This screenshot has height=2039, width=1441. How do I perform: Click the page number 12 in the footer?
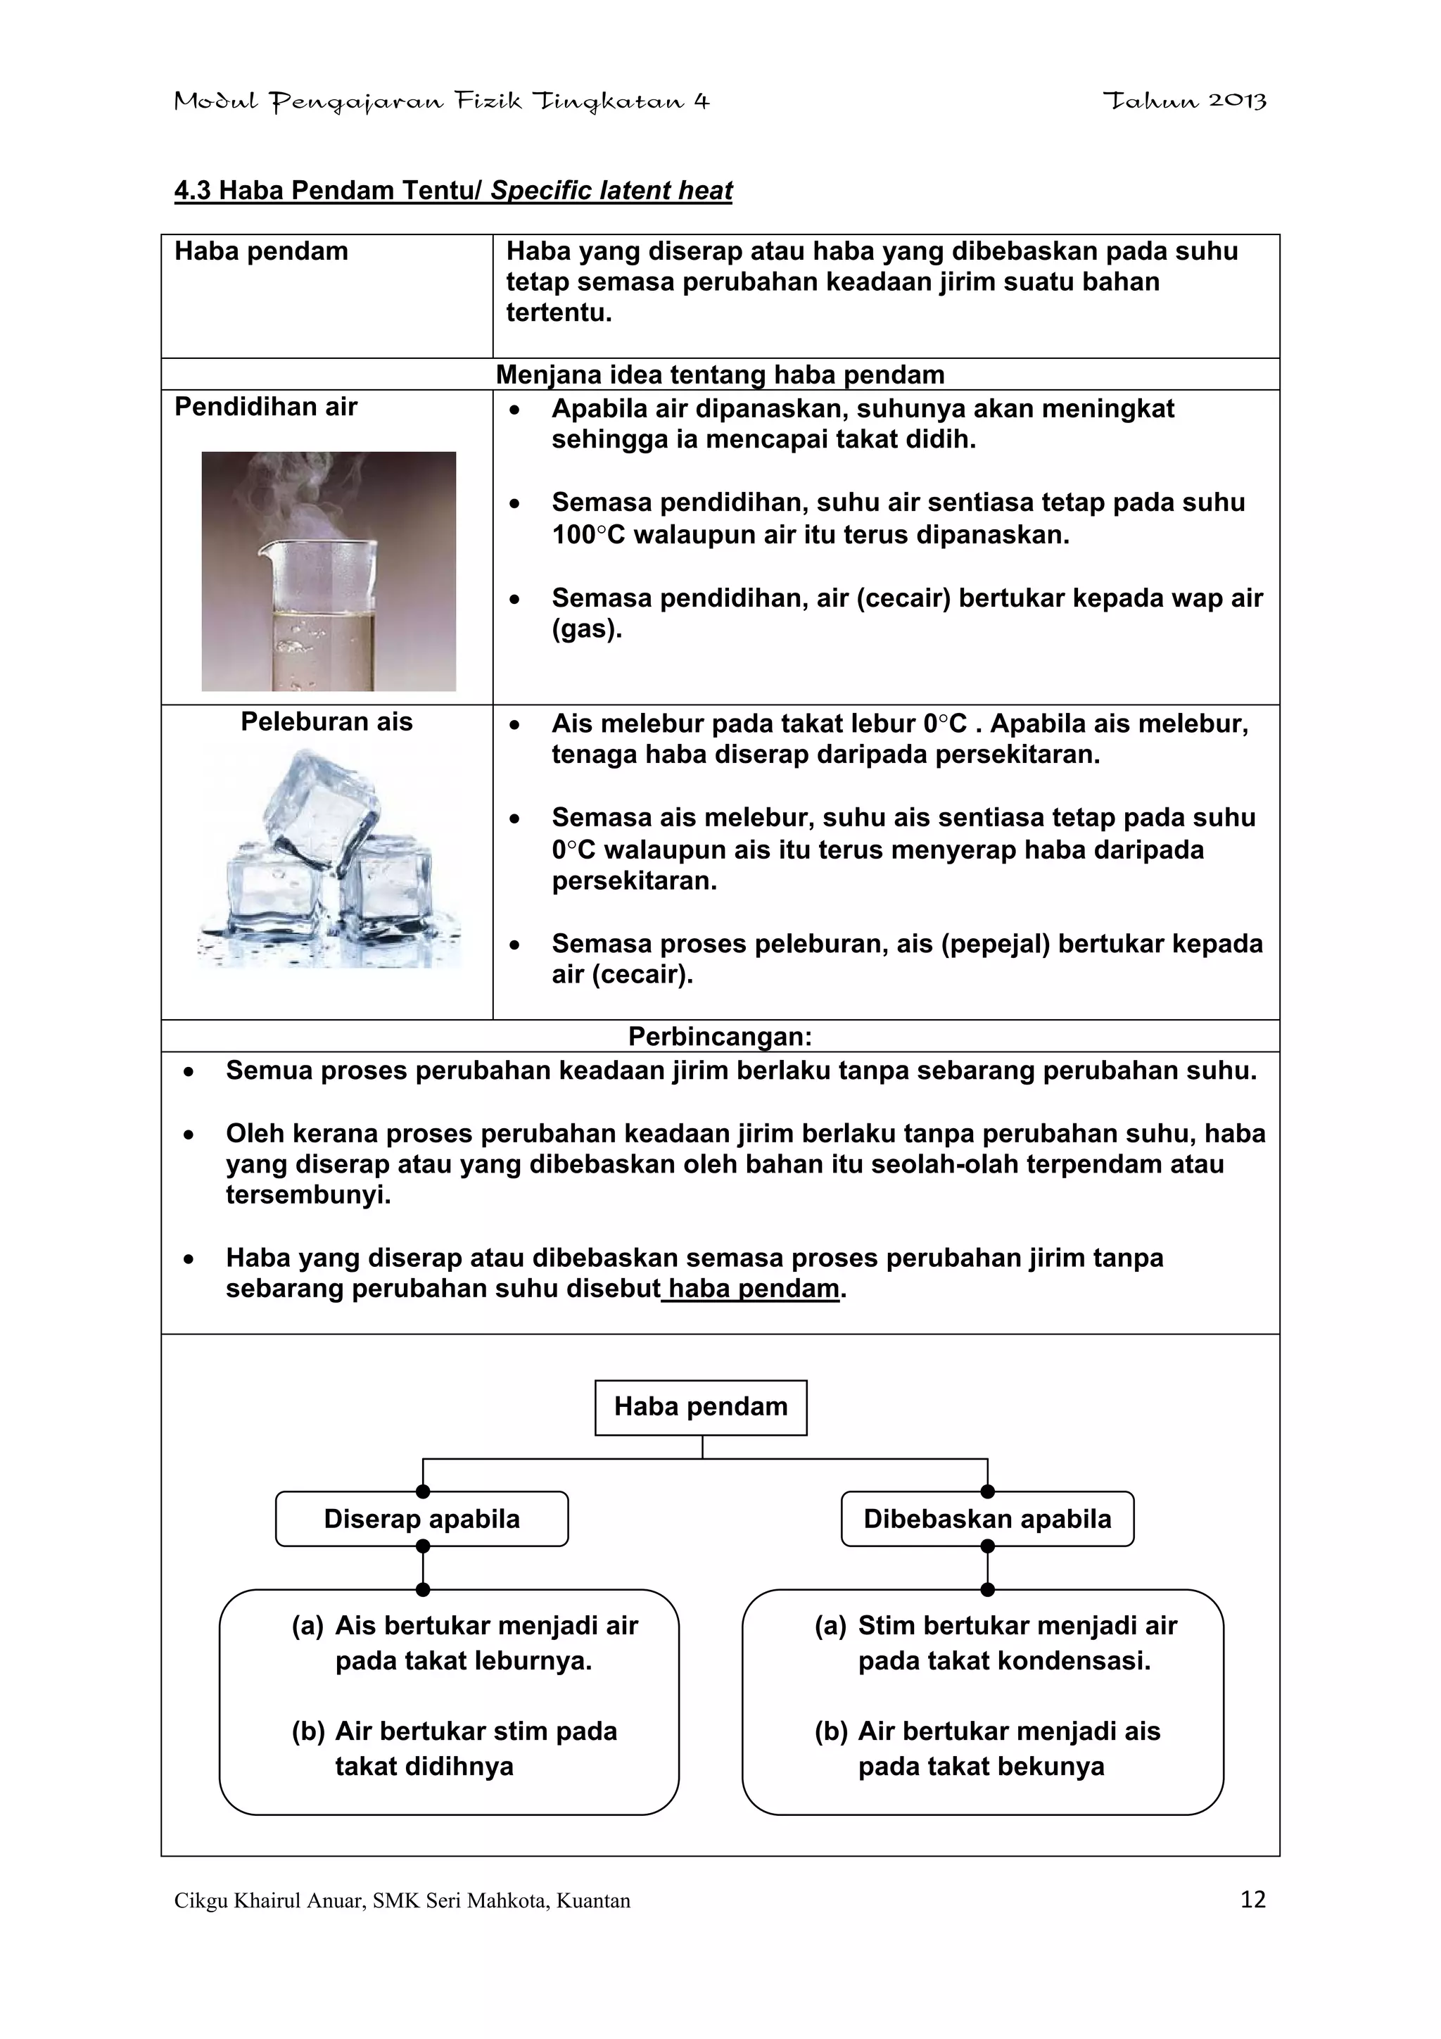coord(1252,1900)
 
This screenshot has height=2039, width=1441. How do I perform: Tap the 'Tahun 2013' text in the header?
coord(1184,101)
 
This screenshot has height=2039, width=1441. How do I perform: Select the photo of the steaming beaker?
coord(329,571)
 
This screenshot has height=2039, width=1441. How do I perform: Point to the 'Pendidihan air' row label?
coord(265,407)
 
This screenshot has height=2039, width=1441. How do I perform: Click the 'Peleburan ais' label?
coord(326,721)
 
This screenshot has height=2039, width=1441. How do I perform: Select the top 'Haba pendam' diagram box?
coord(701,1407)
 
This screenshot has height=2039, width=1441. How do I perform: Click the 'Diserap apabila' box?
coord(421,1519)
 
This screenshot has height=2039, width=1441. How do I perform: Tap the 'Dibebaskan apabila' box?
coord(987,1519)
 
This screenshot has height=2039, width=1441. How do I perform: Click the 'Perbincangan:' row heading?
coord(720,1036)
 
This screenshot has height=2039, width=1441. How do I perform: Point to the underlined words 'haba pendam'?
coord(753,1289)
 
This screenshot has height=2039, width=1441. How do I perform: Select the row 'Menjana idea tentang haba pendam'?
coord(720,374)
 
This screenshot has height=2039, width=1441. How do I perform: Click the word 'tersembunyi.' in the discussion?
coord(308,1194)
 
